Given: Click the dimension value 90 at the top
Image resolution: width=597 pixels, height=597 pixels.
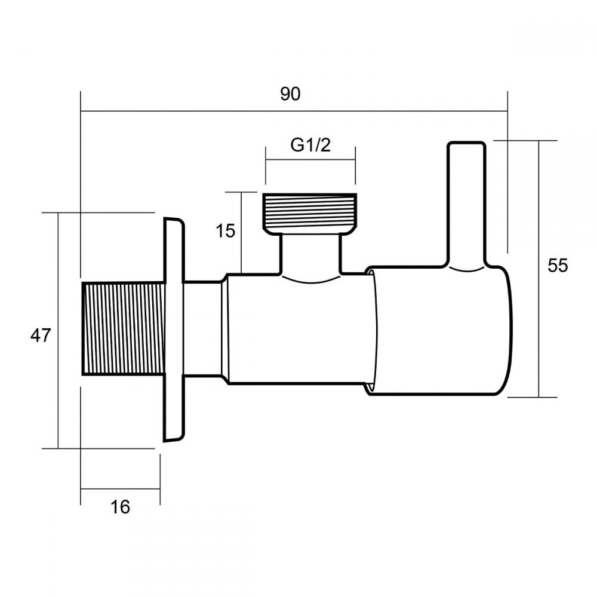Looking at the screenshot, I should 291,94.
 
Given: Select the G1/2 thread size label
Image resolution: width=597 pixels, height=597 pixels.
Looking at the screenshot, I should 310,145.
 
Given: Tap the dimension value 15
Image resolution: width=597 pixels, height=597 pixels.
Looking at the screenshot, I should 226,230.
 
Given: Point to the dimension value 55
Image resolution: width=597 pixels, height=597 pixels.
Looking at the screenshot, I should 558,266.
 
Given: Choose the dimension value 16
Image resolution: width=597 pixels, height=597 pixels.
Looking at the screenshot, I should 120,507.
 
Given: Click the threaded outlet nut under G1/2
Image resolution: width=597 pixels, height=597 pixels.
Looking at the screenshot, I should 309,211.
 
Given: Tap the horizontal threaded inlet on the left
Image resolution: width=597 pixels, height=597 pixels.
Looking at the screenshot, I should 122,328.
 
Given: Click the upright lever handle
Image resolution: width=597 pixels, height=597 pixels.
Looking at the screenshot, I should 466,203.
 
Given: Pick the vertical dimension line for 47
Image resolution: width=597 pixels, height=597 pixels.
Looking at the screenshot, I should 59,388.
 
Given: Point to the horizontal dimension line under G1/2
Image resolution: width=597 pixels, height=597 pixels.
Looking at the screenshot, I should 310,159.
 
